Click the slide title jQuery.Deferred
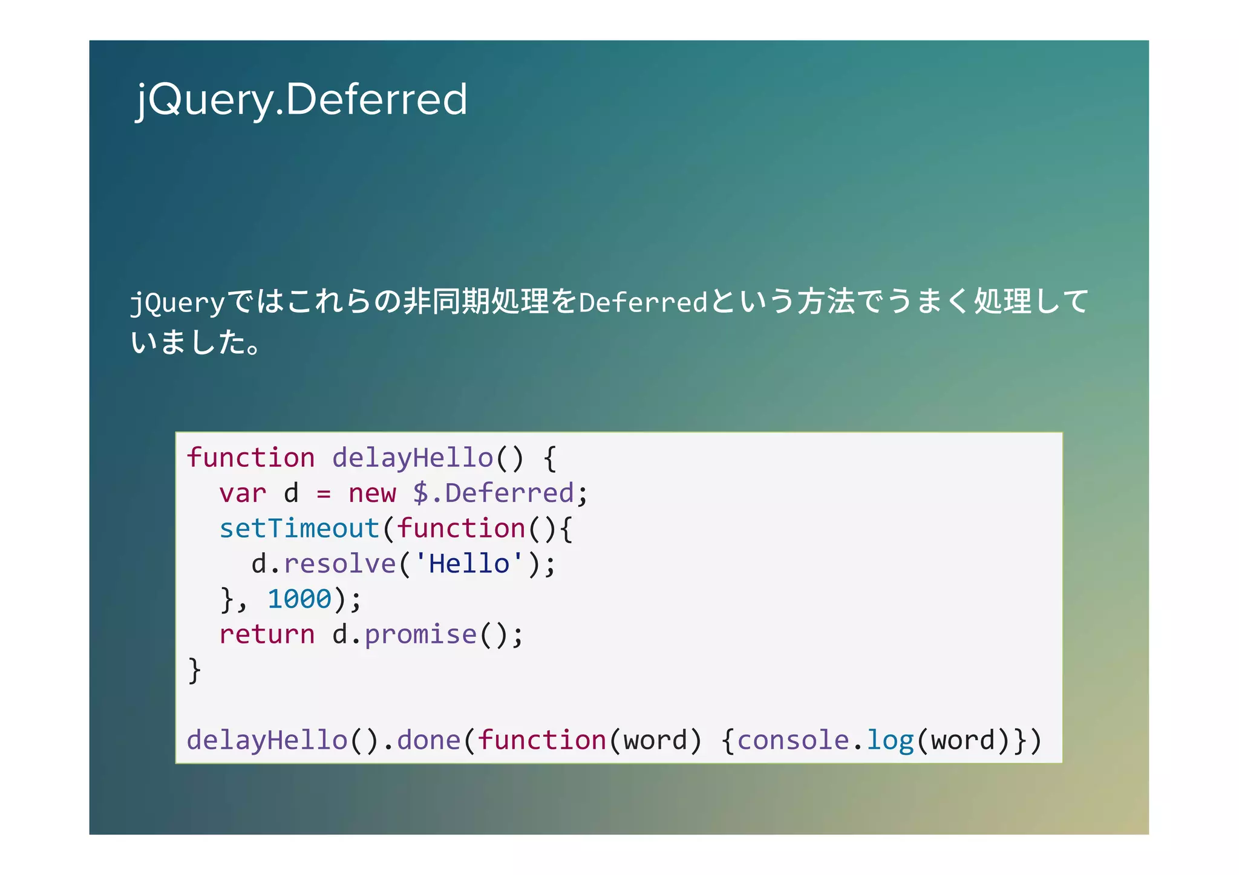point(301,99)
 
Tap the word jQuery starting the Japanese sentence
point(177,302)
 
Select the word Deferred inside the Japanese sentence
point(642,302)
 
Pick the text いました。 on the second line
point(195,342)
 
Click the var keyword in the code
point(243,493)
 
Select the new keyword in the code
point(371,493)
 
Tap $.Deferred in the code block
point(493,493)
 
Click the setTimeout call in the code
point(299,529)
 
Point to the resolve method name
point(339,564)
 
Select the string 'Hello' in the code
point(469,564)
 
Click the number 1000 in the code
point(299,599)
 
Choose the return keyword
point(267,635)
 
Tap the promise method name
point(420,635)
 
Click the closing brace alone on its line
point(194,670)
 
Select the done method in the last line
point(428,741)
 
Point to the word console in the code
point(793,741)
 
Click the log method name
point(890,741)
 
